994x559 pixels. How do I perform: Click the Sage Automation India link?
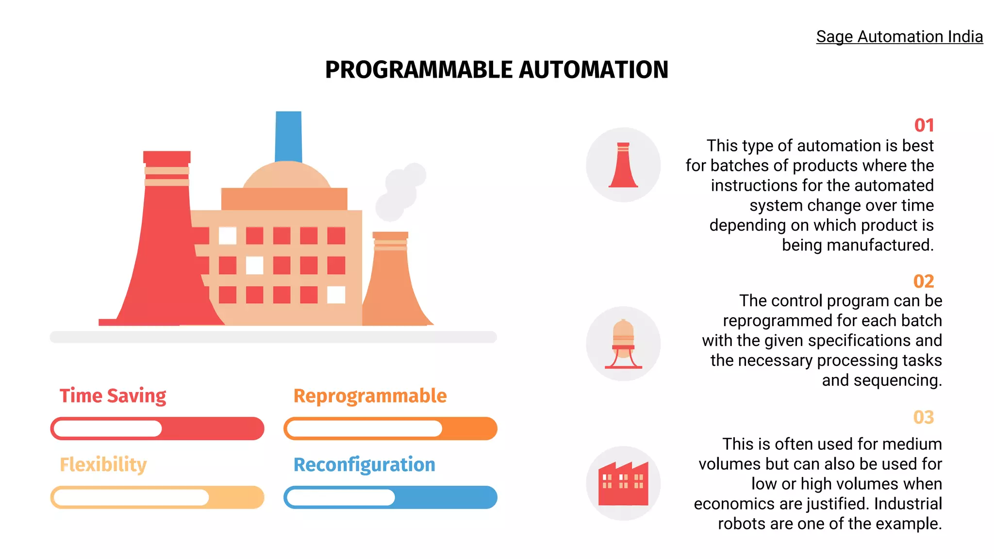point(899,37)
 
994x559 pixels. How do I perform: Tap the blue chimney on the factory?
point(288,136)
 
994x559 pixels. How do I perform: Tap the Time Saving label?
point(113,396)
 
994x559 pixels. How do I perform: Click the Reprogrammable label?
point(370,396)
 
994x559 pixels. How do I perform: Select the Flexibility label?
point(103,465)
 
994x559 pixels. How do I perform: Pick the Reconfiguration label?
point(364,465)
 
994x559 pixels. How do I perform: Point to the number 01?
point(924,126)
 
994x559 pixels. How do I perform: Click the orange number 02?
point(924,281)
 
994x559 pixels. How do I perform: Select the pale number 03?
point(924,417)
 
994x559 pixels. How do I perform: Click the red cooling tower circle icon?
point(623,165)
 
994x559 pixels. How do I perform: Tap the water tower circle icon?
point(623,344)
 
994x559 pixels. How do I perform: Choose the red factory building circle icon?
point(623,483)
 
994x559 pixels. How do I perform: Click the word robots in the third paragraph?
point(742,524)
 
